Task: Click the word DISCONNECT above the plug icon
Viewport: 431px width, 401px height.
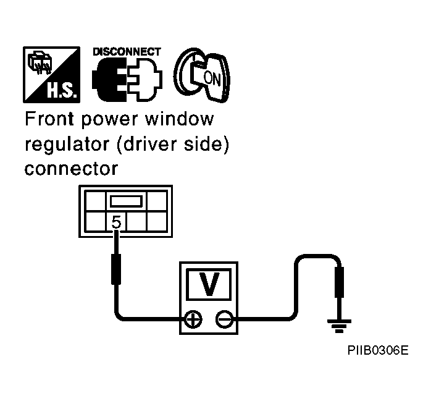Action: click(127, 52)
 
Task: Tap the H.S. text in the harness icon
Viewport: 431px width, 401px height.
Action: click(61, 90)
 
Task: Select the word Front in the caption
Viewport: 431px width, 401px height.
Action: click(49, 119)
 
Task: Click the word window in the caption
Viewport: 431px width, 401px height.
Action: click(179, 119)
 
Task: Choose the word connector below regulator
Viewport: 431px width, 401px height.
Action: click(71, 169)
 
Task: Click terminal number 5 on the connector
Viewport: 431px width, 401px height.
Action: click(116, 222)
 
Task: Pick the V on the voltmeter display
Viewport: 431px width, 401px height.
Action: click(209, 284)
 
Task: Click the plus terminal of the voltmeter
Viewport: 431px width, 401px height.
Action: click(193, 319)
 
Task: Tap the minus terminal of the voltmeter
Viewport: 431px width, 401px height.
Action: click(225, 319)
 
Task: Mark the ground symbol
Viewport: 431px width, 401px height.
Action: click(339, 326)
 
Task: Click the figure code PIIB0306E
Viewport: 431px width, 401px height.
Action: click(378, 350)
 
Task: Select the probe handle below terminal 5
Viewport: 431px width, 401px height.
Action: click(116, 269)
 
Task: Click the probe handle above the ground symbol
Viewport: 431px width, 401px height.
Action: click(339, 282)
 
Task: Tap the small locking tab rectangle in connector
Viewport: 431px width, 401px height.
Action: click(126, 201)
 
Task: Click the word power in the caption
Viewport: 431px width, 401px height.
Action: click(109, 120)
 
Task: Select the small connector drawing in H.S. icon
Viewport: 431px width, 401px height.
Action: click(40, 62)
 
